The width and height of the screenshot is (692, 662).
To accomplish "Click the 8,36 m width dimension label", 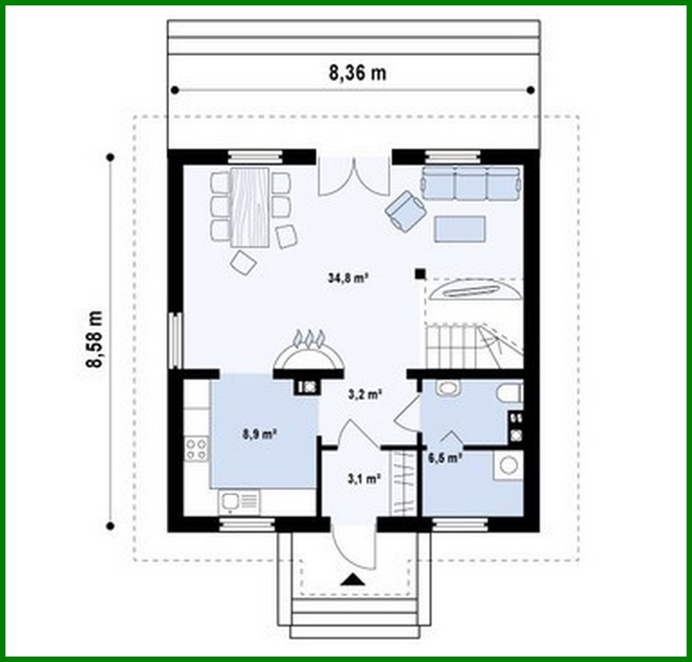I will (x=357, y=73).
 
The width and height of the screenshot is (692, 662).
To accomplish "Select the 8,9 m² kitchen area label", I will (x=260, y=433).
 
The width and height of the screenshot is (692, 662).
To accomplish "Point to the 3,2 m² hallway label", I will (x=365, y=395).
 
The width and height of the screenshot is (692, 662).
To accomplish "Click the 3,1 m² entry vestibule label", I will (x=364, y=479).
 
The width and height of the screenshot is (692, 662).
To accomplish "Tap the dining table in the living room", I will (x=250, y=207).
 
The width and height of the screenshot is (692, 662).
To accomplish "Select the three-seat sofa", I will (x=470, y=183).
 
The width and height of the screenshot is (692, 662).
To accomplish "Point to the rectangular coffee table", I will (x=460, y=229).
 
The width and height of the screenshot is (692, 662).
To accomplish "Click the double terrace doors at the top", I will (x=352, y=177).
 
